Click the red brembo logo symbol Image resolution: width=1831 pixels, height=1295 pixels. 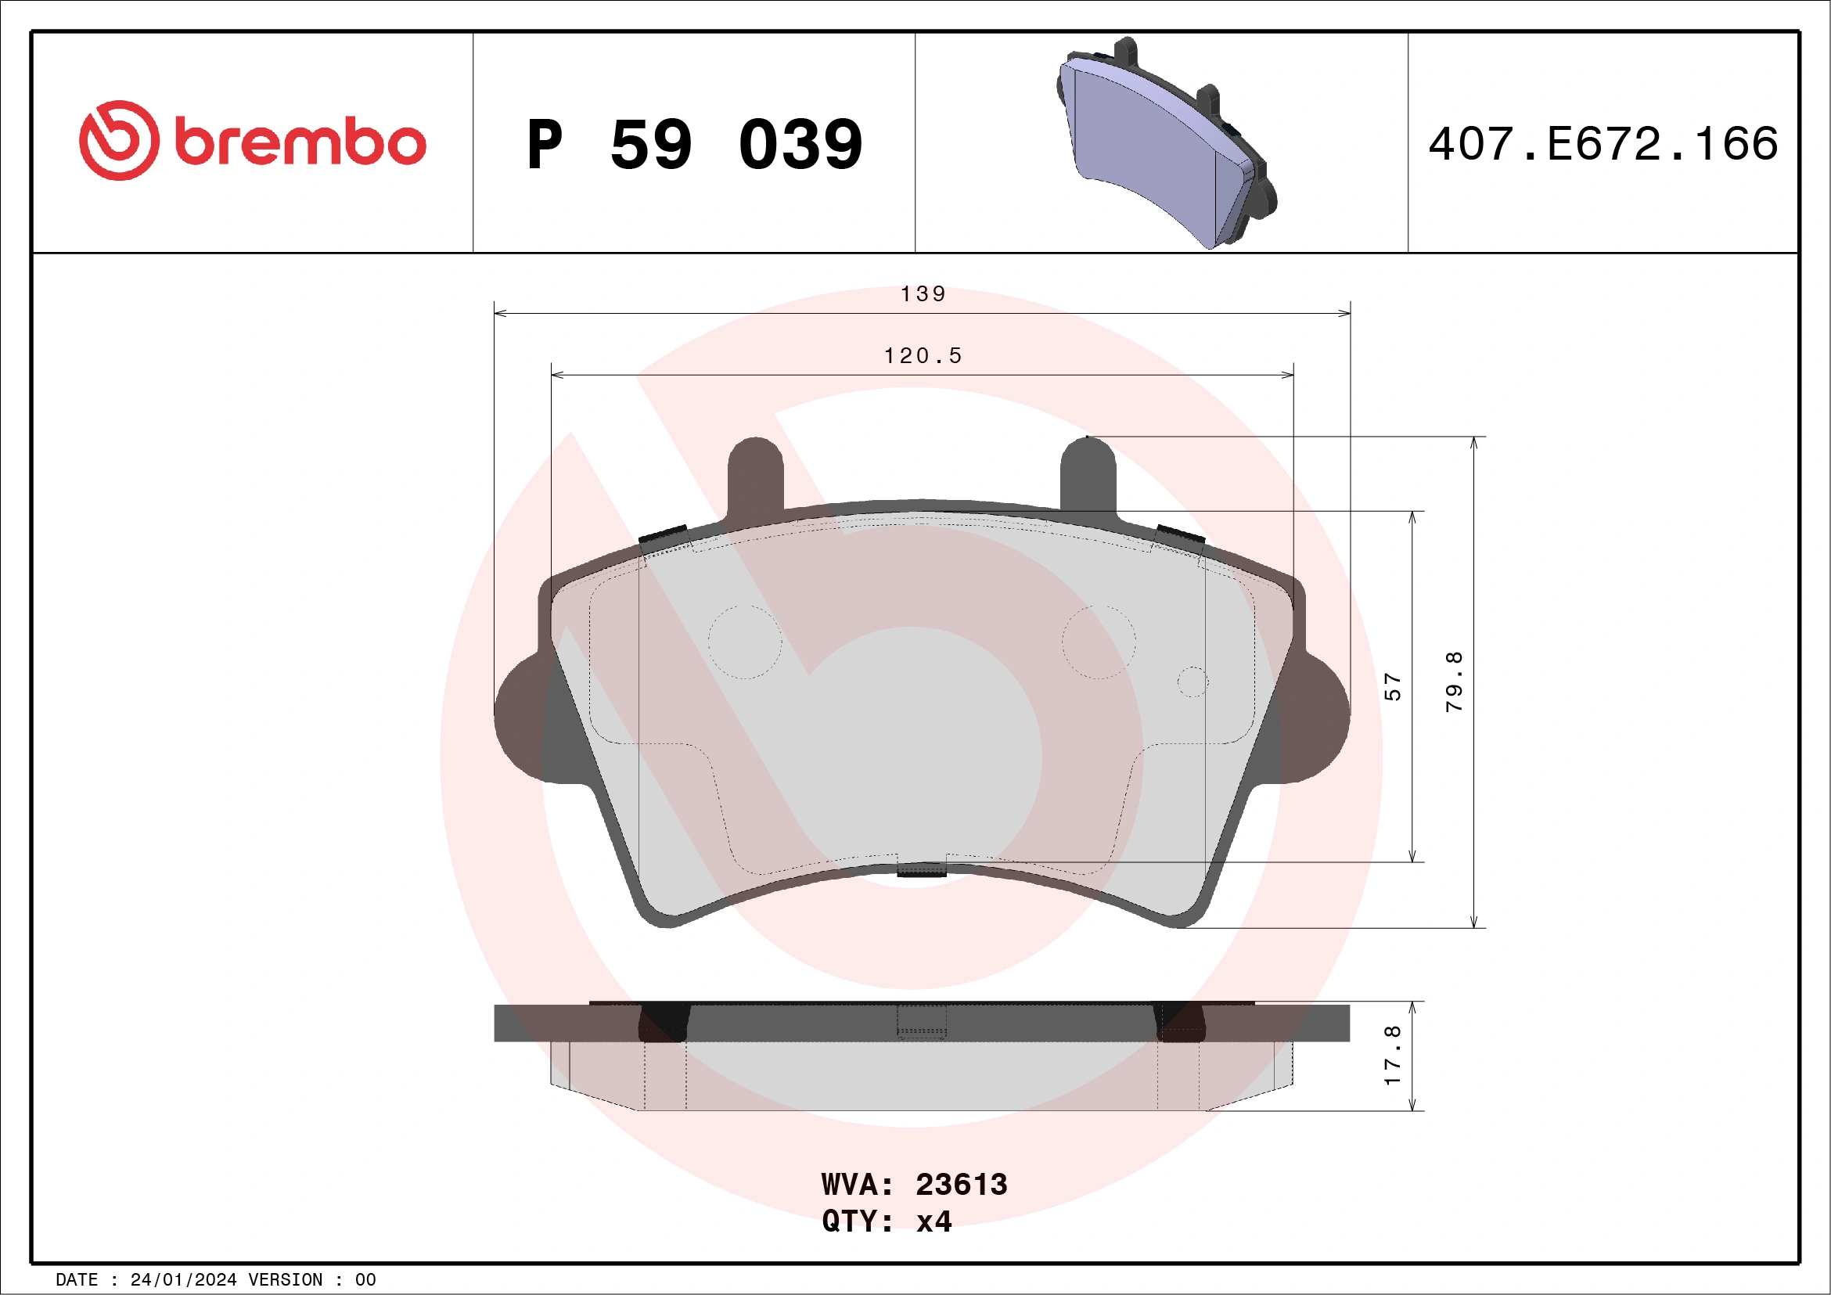coord(119,140)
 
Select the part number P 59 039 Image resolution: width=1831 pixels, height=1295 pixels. coord(694,145)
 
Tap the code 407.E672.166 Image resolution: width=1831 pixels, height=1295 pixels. coord(1603,144)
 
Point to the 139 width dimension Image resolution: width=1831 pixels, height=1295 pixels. coord(923,294)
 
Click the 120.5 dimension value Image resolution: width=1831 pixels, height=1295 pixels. coord(923,356)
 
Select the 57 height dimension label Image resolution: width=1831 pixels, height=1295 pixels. coord(1391,686)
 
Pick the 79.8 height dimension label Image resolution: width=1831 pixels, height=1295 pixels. coord(1454,681)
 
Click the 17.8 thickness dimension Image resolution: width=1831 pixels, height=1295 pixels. coord(1391,1055)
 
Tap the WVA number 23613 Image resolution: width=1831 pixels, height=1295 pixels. coord(961,1185)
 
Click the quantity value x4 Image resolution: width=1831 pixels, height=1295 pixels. coord(933,1221)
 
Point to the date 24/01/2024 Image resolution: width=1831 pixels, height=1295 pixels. coord(182,1280)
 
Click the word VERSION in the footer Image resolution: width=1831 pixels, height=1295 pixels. coord(286,1280)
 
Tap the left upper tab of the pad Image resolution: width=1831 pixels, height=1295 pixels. coord(755,474)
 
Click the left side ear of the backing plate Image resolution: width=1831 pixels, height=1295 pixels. coord(520,718)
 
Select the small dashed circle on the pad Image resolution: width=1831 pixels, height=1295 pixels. coord(1193,682)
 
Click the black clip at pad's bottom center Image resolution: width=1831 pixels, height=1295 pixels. coord(922,870)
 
